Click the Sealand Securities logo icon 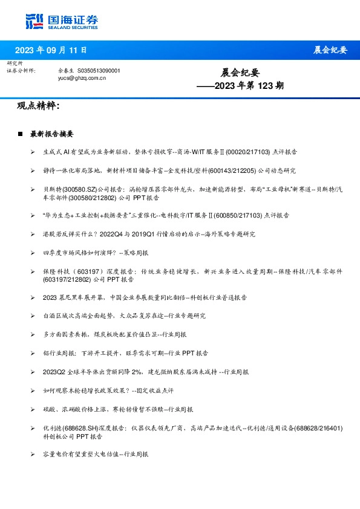point(34,21)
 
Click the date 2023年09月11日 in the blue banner point(50,50)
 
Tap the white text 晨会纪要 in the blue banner point(330,50)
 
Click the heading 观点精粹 point(39,106)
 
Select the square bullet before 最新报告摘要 point(21,134)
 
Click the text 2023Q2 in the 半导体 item point(54,372)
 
